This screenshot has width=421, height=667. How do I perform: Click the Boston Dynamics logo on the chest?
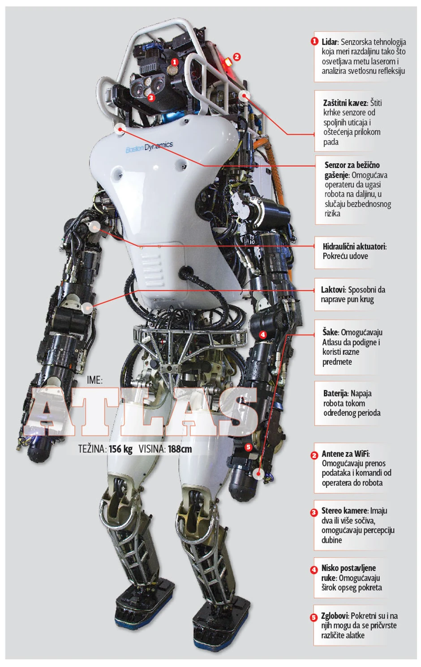149,147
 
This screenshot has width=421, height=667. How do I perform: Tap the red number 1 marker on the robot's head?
175,62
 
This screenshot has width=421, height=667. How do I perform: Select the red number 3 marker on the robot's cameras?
151,97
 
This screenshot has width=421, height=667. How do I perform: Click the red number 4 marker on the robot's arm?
262,334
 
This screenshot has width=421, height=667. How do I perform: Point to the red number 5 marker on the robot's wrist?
248,447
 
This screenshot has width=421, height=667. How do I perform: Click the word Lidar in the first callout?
330,42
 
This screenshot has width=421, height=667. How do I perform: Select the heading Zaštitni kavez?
345,103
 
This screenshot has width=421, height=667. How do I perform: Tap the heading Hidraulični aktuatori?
354,246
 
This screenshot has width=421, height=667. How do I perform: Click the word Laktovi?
333,290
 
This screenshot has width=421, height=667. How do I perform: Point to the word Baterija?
335,394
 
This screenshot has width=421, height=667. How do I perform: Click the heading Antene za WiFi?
345,454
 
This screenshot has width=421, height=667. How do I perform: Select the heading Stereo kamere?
344,511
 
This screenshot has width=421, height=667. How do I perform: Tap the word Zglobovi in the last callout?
335,616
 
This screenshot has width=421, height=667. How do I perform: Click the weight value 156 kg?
120,449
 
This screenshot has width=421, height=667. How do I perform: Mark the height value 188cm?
180,449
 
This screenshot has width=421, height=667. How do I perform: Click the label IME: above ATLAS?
95,380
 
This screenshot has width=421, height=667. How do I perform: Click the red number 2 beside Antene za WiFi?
314,455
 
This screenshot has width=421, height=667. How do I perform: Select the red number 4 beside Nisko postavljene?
314,570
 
